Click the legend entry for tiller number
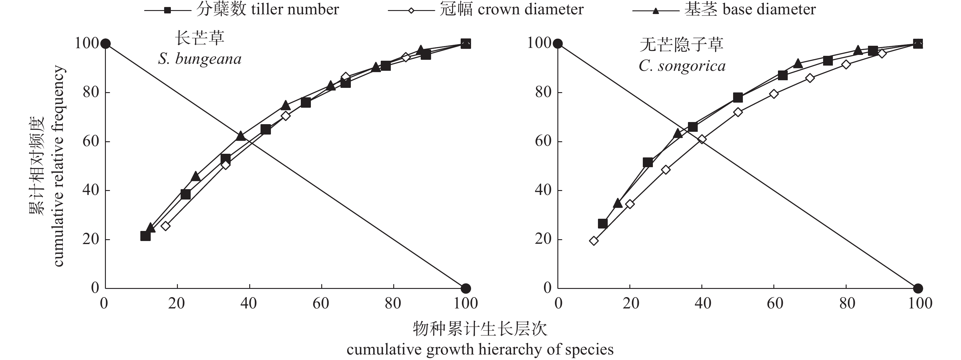pyautogui.click(x=242, y=10)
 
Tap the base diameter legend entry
pyautogui.click(x=724, y=10)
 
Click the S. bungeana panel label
pyautogui.click(x=200, y=59)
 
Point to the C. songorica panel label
pyautogui.click(x=682, y=66)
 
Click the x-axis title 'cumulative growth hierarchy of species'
pyautogui.click(x=480, y=350)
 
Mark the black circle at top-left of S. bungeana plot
pyautogui.click(x=106, y=44)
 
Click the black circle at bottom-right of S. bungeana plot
pyautogui.click(x=466, y=288)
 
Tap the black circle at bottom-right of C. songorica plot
pyautogui.click(x=918, y=288)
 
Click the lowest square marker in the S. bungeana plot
pyautogui.click(x=145, y=236)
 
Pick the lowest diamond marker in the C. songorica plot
pyautogui.click(x=594, y=241)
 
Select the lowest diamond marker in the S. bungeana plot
pyautogui.click(x=166, y=226)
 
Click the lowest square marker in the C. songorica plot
pyautogui.click(x=603, y=223)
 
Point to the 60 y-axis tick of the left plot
pyautogui.click(x=91, y=141)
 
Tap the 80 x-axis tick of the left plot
pyautogui.click(x=393, y=303)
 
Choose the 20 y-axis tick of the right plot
pyautogui.click(x=543, y=239)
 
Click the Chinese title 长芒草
pyautogui.click(x=200, y=38)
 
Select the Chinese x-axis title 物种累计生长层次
pyautogui.click(x=480, y=329)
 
